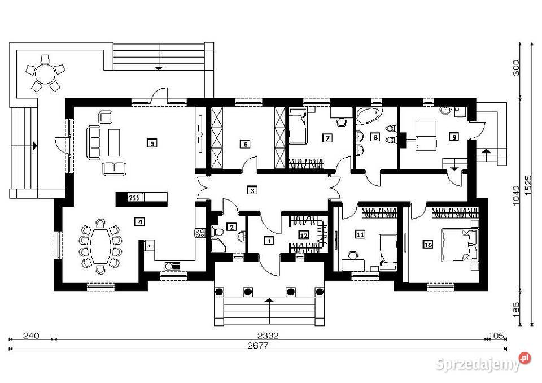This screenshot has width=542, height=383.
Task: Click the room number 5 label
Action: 152,142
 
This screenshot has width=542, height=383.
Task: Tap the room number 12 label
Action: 304,235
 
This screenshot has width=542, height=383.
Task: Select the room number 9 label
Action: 454,137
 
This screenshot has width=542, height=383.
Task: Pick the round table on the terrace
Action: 45,73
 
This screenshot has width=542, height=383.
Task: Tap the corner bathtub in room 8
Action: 369,116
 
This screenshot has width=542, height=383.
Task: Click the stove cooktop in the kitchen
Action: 200,233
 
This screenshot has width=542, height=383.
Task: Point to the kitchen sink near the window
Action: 172,266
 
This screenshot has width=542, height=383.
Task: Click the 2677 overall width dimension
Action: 258,345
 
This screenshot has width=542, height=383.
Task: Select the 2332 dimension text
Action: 268,335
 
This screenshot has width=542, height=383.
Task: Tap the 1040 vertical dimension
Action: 515,195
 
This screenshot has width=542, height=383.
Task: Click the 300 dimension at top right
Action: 515,68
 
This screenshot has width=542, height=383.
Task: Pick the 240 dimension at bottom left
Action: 31,335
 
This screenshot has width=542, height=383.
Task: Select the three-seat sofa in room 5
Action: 93,142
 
